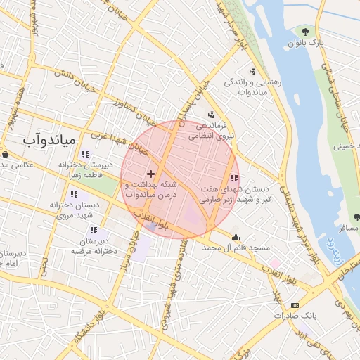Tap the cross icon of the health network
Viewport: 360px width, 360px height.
point(151,173)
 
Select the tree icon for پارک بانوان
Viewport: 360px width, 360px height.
point(305,31)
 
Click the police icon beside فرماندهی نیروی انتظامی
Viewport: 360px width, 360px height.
point(210,115)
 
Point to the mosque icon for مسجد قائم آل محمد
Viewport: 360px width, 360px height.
point(235,237)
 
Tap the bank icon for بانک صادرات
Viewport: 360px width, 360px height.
point(294,305)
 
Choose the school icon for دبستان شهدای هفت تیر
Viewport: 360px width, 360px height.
point(234,179)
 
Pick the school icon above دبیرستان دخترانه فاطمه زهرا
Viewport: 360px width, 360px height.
point(85,154)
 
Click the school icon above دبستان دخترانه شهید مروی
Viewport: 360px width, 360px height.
point(74,194)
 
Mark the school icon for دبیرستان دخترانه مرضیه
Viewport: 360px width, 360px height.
point(93,230)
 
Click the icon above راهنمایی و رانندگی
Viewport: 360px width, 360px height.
point(252,70)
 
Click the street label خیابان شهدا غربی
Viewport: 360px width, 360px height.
point(117,141)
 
